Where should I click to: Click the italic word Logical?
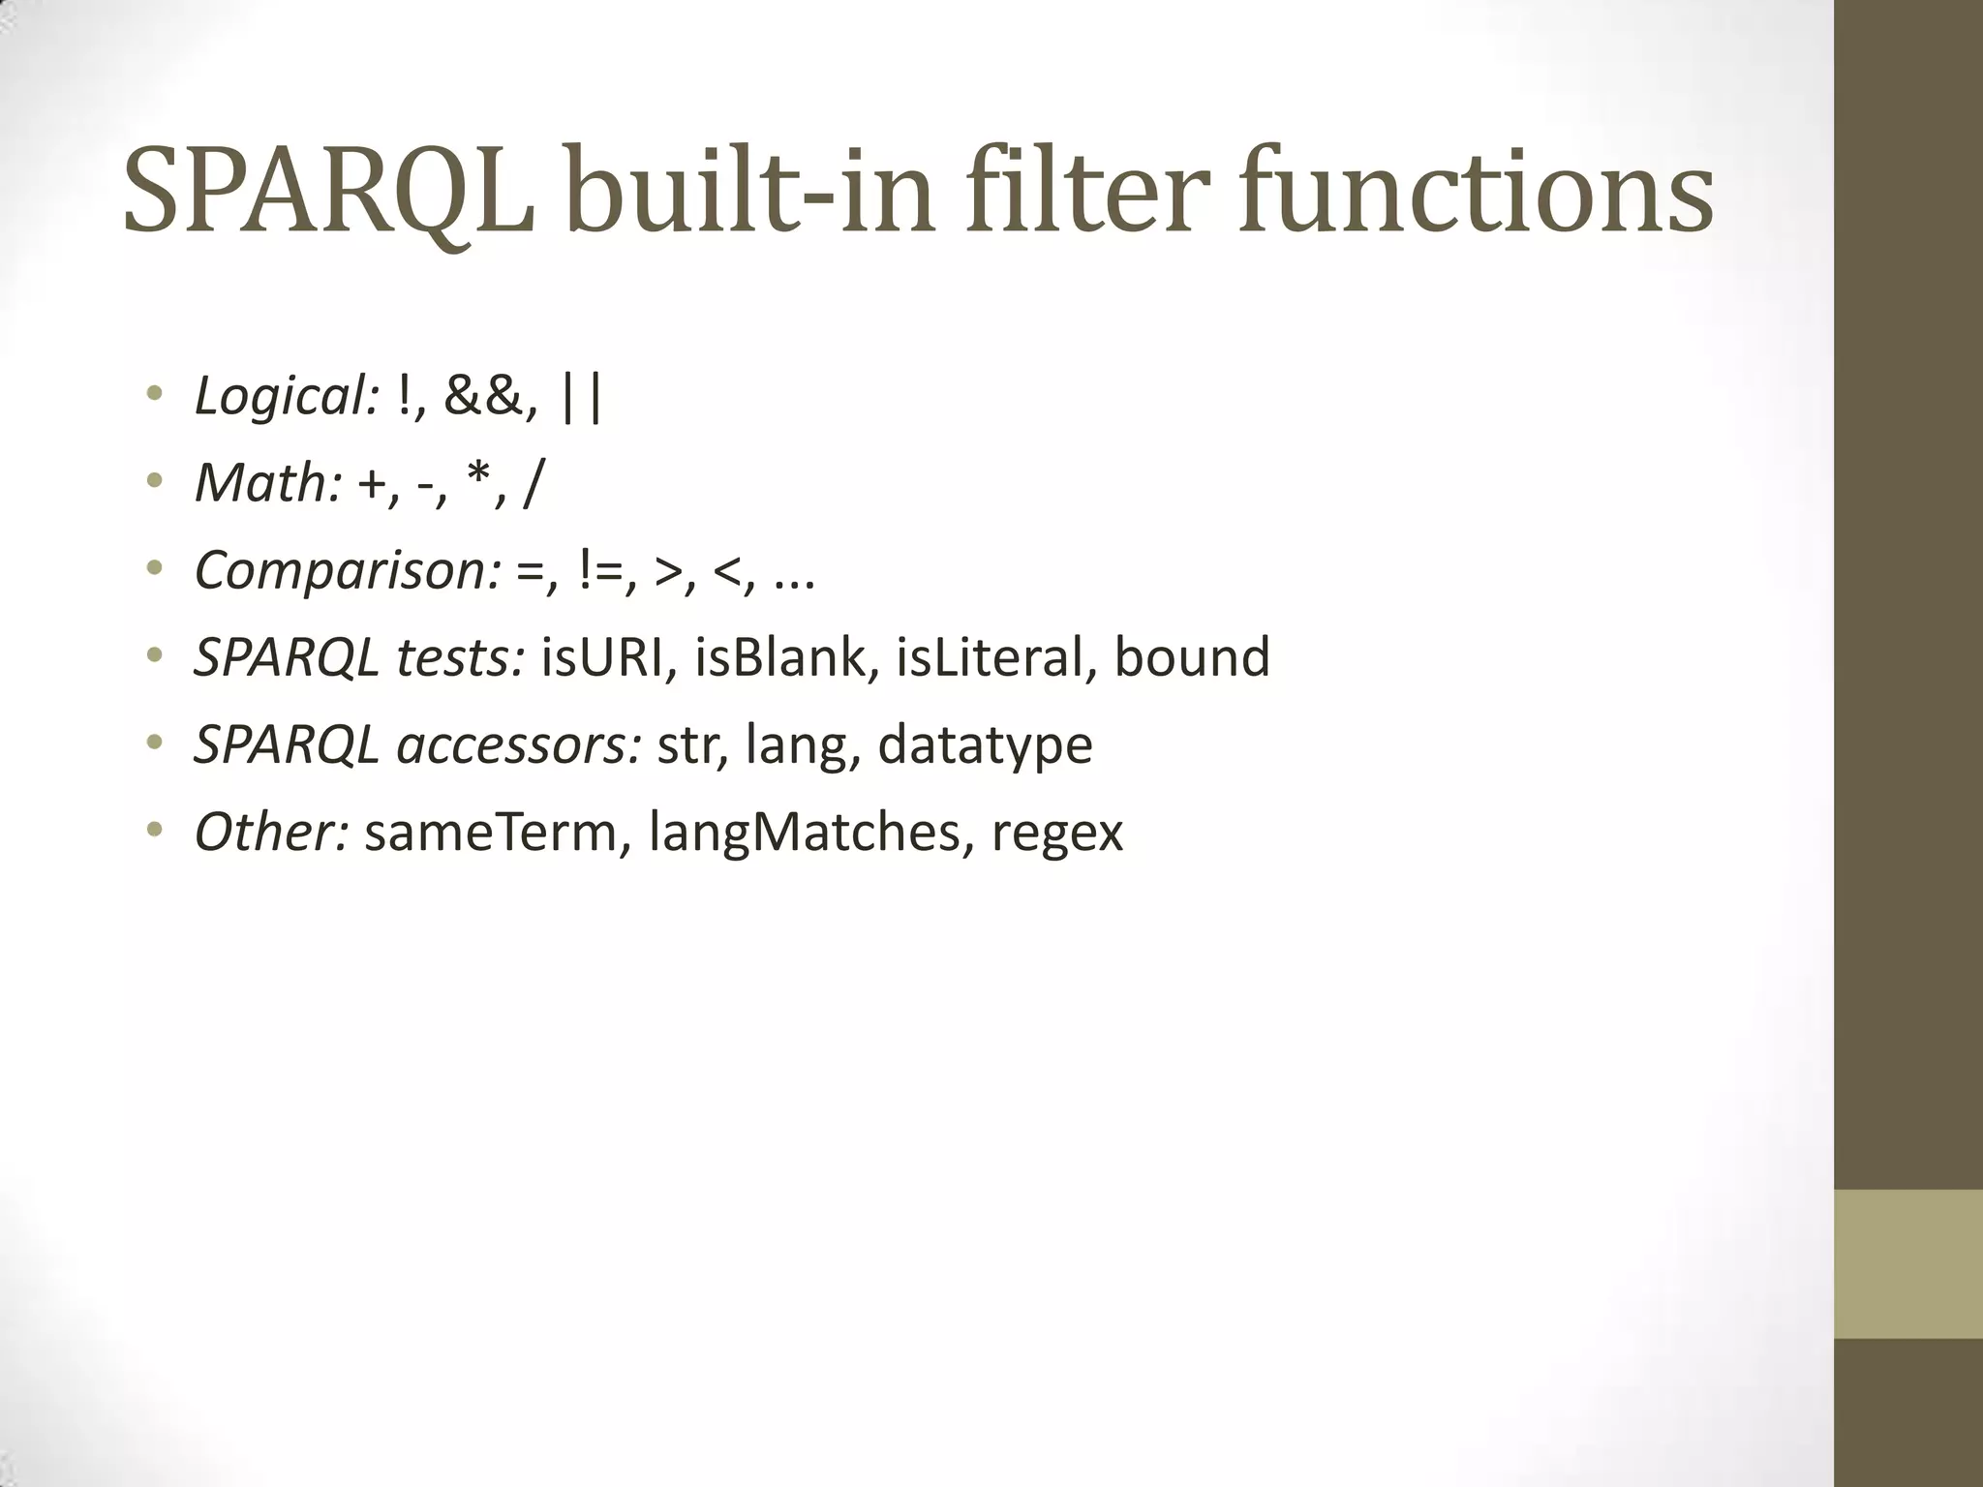(x=287, y=397)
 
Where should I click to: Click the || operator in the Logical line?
(x=582, y=397)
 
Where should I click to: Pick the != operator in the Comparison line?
(x=602, y=571)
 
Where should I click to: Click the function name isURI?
(x=604, y=657)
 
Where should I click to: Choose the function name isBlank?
(x=780, y=657)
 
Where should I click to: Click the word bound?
(x=1192, y=657)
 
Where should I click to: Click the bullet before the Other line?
(x=154, y=831)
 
